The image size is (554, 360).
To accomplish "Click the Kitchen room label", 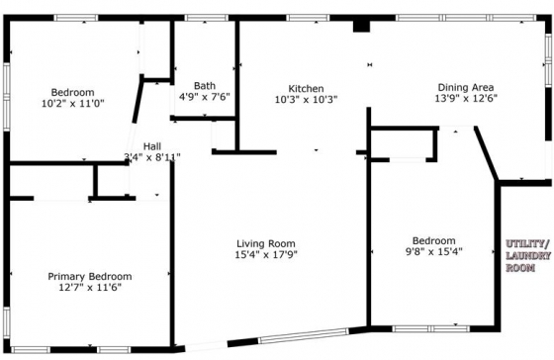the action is coord(306,88).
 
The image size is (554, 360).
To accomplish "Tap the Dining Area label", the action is coord(466,87).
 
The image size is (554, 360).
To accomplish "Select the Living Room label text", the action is coord(266,243).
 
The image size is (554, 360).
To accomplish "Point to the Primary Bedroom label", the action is coord(90,276).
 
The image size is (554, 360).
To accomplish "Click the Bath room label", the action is coord(205,85).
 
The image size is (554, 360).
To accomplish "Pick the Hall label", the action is coord(152,146).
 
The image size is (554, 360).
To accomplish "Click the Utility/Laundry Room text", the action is coord(528,256).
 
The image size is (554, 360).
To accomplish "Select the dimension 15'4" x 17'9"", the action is coord(266,254).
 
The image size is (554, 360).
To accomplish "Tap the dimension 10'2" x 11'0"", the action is coord(73,104).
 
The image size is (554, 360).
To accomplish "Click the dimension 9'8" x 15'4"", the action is coord(434,251).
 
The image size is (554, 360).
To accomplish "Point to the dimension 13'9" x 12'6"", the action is coord(466,98).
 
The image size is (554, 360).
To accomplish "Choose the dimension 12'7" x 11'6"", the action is coord(90,287).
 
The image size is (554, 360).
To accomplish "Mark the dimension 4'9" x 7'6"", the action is coord(205,97).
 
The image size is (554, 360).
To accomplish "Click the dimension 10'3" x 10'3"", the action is coord(306,99).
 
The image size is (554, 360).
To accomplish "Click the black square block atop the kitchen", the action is coord(361,26).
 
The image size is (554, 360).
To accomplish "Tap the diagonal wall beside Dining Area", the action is coord(486,153).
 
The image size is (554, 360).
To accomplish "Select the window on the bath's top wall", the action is coord(207,18).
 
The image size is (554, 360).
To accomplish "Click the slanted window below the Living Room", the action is coord(304,336).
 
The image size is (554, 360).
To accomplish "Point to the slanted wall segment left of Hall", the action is coord(138,99).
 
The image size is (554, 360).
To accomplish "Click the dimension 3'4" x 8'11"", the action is coord(152,157).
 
